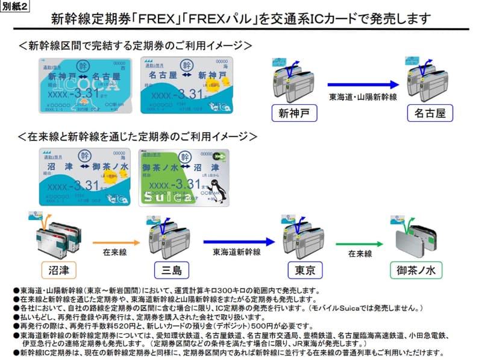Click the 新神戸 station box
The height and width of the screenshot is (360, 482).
(x=293, y=113)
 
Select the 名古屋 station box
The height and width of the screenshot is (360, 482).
(x=429, y=113)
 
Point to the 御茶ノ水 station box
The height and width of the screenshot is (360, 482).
(x=416, y=269)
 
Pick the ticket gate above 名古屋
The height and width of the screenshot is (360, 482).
(x=425, y=81)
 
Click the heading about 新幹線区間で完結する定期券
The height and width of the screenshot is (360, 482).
(x=134, y=45)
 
